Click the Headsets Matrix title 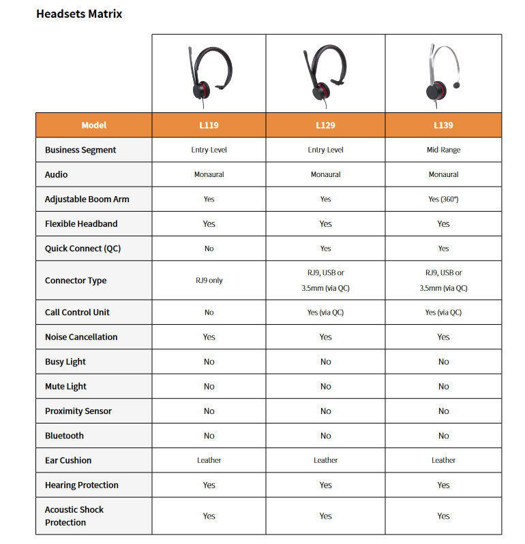79,14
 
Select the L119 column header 209,125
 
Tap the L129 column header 325,125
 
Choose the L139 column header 443,125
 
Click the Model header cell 94,125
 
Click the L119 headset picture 209,74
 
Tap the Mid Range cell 443,150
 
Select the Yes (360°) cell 443,199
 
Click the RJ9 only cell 209,281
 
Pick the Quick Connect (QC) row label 82,249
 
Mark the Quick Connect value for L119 209,249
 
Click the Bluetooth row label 64,436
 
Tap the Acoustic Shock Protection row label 74,516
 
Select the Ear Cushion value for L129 325,460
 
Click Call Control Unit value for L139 443,313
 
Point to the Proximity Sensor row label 78,411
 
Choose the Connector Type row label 76,281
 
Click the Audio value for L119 209,175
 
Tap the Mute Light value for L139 443,387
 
